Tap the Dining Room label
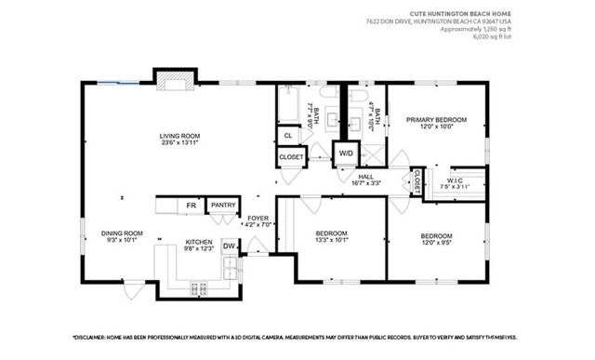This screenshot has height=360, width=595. pos(122,236)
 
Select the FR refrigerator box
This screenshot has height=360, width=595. pos(191,205)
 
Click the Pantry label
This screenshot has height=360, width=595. pos(222,205)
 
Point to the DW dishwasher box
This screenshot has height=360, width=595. pos(228,246)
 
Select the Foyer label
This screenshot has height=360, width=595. pos(258,220)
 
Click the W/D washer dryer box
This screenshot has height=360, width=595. pos(346,153)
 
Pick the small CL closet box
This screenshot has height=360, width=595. pos(288,136)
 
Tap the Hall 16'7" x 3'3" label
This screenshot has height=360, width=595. pos(365,179)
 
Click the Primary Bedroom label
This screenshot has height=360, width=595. pos(435,124)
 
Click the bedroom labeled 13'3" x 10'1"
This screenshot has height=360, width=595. pos(331,236)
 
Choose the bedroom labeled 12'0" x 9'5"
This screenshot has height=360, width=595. pos(436,239)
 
